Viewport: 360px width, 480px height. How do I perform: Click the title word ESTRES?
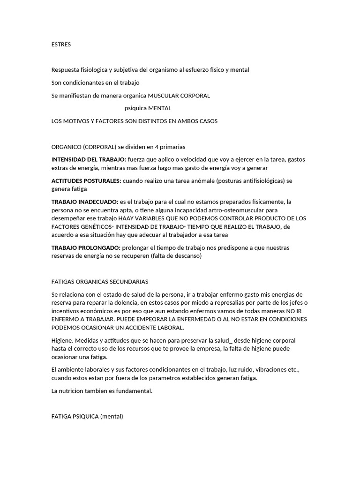tap(61, 45)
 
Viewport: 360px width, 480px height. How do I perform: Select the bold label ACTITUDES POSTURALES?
tap(86, 180)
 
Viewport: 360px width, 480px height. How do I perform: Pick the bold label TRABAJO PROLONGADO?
tap(85, 247)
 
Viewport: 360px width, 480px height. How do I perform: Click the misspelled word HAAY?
tap(127, 218)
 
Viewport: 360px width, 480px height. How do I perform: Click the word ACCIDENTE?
tap(133, 328)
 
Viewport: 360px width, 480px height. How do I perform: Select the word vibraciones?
tap(268, 370)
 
